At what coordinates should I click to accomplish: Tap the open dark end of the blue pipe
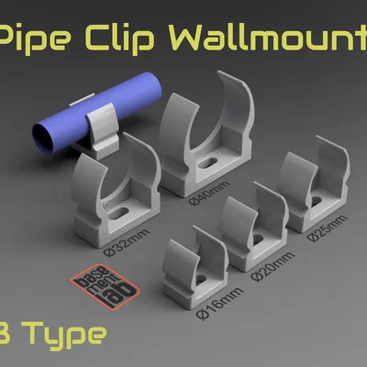[x=43, y=140]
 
